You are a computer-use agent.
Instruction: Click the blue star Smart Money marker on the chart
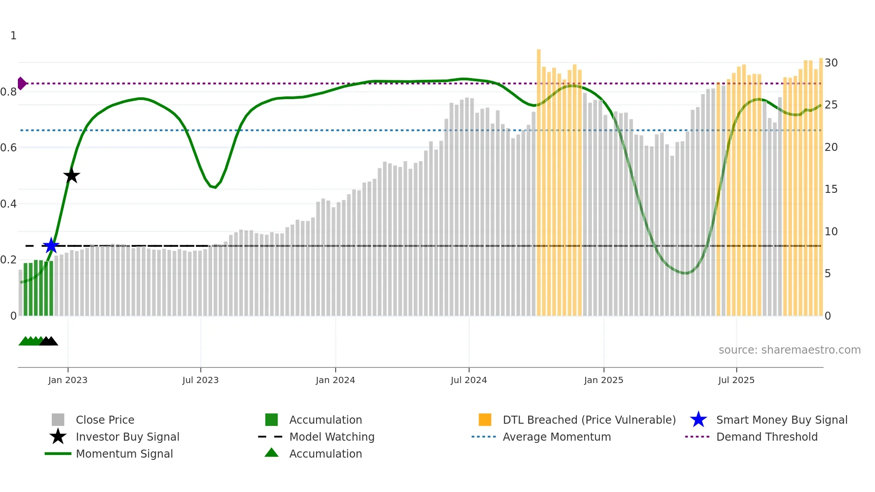(x=51, y=246)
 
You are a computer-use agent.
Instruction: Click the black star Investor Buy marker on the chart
(x=71, y=175)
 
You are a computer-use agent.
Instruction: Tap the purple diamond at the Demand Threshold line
(x=21, y=83)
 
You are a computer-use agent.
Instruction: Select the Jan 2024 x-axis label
(x=335, y=380)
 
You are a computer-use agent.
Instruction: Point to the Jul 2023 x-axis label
(x=200, y=380)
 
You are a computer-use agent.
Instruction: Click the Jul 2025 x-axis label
(x=736, y=380)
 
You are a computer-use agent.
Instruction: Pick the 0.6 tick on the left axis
(x=9, y=148)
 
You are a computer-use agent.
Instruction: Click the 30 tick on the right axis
(x=831, y=63)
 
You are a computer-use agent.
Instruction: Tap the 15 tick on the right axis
(x=831, y=189)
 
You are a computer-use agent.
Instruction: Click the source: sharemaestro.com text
(x=789, y=350)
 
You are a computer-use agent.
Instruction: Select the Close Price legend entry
(x=105, y=420)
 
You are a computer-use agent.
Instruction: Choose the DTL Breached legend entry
(x=589, y=420)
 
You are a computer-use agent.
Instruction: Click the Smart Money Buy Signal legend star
(x=698, y=420)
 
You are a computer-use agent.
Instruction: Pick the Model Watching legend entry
(x=331, y=437)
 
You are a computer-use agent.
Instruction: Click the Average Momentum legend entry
(x=556, y=437)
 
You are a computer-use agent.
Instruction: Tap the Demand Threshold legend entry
(x=767, y=437)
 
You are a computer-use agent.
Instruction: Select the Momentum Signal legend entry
(x=124, y=454)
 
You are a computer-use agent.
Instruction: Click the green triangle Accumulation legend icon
(x=271, y=453)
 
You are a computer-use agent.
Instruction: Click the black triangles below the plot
(x=49, y=341)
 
